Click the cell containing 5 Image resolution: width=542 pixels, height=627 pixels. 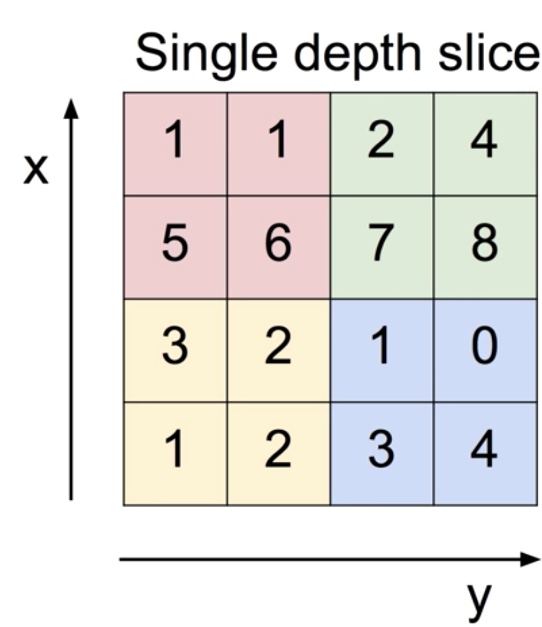[175, 246]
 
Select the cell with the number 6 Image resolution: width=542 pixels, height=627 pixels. [278, 246]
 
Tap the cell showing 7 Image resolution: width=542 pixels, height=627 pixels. [381, 246]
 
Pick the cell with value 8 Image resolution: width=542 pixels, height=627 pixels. [485, 246]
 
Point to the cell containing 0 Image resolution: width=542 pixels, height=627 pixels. [485, 350]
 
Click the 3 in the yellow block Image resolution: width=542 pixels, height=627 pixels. [175, 350]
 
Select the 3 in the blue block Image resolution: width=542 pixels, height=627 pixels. [381, 453]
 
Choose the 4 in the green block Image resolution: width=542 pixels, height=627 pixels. [485, 143]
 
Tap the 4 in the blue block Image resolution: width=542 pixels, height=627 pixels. [485, 453]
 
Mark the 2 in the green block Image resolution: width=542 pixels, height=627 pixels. [381, 143]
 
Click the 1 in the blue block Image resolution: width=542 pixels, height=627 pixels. [381, 350]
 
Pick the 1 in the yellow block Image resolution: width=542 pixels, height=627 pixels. [175, 453]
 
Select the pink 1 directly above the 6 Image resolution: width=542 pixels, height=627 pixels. [278, 143]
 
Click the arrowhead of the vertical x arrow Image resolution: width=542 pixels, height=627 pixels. [72, 109]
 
